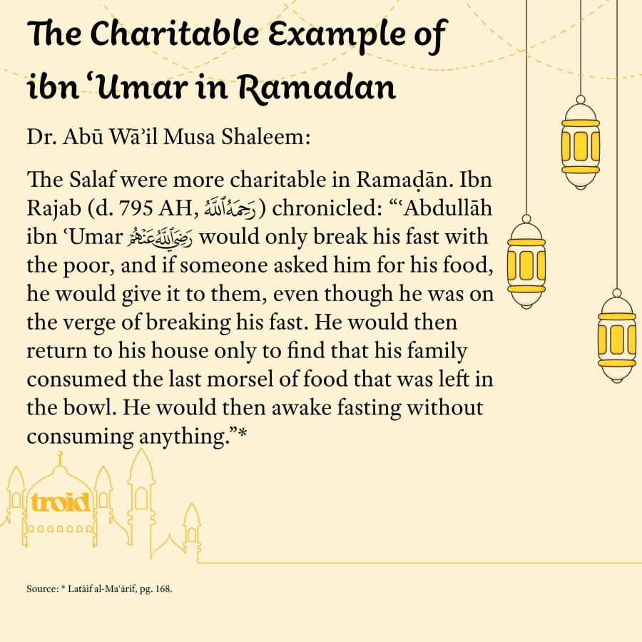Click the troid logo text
[61, 502]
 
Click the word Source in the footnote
[36, 591]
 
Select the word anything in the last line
[180, 437]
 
